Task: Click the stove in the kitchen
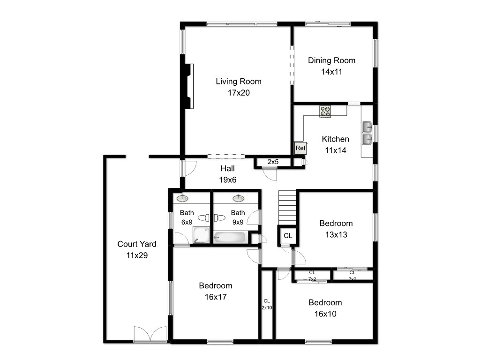(x=325, y=112)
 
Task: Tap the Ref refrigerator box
(x=300, y=148)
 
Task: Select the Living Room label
(x=239, y=82)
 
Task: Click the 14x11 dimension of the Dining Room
(x=331, y=72)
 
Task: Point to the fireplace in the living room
(x=189, y=86)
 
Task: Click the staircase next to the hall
(x=287, y=208)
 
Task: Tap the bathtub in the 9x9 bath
(x=230, y=237)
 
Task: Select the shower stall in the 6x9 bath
(x=201, y=235)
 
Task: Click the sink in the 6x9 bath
(x=183, y=198)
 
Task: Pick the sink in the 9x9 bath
(x=239, y=198)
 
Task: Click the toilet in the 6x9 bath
(x=203, y=218)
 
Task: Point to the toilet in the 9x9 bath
(x=219, y=218)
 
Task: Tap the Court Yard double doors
(x=150, y=334)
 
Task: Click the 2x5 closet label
(x=273, y=162)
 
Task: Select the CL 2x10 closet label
(x=267, y=304)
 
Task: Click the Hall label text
(x=228, y=168)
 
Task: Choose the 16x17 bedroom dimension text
(x=216, y=297)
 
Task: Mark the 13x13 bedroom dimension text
(x=336, y=235)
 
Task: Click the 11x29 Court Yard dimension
(x=137, y=255)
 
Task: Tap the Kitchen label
(x=336, y=139)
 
